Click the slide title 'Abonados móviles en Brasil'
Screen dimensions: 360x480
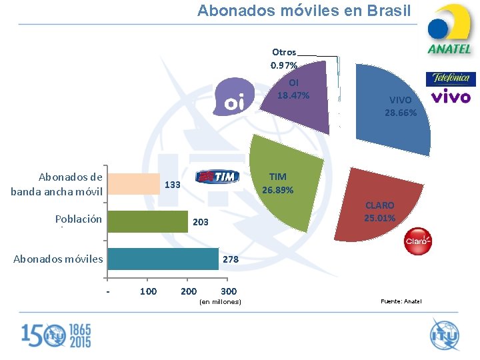pos(304,11)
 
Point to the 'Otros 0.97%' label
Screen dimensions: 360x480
pos(284,58)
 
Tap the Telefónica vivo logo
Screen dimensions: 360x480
pos(451,88)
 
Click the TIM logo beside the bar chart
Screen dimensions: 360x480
pos(217,176)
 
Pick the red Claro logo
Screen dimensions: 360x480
pos(418,241)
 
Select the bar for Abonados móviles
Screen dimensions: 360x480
pos(163,259)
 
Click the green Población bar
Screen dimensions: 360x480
pos(148,221)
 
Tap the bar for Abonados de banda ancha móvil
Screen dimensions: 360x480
pos(133,184)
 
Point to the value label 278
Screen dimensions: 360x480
pos(231,259)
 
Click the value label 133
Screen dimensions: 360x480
pos(172,185)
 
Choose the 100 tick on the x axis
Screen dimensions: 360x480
pos(148,291)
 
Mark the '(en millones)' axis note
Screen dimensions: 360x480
pos(220,303)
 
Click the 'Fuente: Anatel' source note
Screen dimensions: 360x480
pos(401,302)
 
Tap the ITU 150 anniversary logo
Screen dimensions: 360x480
pos(56,335)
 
